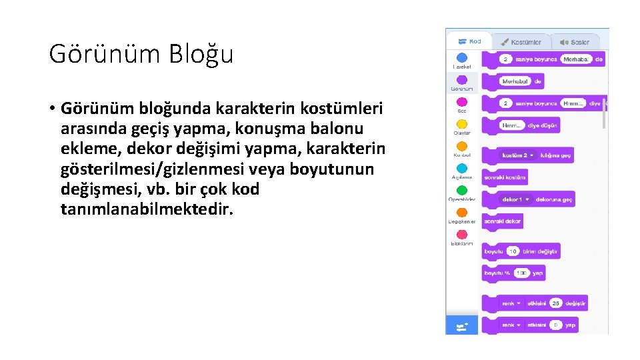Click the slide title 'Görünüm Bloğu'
[x=141, y=54]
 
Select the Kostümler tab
[x=521, y=42]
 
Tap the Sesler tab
[x=575, y=42]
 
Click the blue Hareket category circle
[x=461, y=57]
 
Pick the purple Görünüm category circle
[x=461, y=79]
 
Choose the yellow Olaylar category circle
[x=461, y=124]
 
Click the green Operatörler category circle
[x=461, y=190]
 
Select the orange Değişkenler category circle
[x=461, y=212]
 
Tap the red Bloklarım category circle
[x=461, y=235]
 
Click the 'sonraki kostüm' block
[x=505, y=177]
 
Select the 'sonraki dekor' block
[x=502, y=221]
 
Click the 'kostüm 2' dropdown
[x=519, y=155]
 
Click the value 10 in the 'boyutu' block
[x=513, y=251]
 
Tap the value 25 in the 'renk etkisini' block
[x=556, y=303]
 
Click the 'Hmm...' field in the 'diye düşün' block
[x=512, y=125]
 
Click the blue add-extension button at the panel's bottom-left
[x=461, y=326]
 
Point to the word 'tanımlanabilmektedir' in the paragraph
[x=147, y=209]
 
